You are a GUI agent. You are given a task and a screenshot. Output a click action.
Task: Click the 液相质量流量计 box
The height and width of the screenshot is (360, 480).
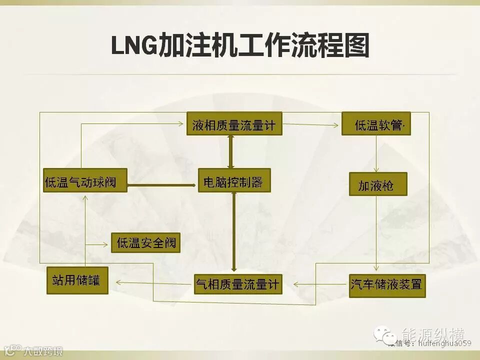click(234, 123)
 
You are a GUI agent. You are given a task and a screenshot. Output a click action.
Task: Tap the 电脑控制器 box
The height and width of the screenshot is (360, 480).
click(234, 180)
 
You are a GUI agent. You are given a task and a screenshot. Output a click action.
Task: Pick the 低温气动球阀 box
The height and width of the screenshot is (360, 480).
click(84, 180)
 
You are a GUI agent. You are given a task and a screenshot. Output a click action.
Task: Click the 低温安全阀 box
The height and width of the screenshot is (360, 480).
click(145, 243)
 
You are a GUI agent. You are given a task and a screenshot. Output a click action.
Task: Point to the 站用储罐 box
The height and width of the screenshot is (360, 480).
click(77, 280)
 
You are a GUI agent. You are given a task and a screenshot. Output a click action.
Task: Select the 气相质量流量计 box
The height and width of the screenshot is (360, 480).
click(237, 283)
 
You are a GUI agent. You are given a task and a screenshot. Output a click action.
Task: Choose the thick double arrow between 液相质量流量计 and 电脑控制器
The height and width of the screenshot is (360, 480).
click(230, 151)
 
